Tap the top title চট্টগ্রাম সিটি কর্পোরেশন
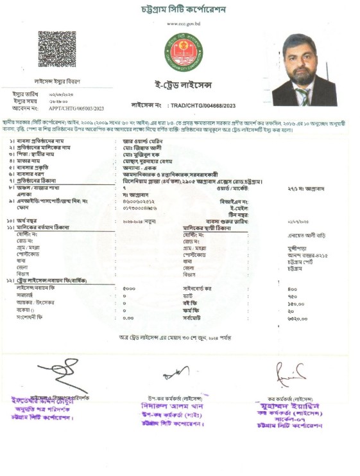[180, 10]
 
